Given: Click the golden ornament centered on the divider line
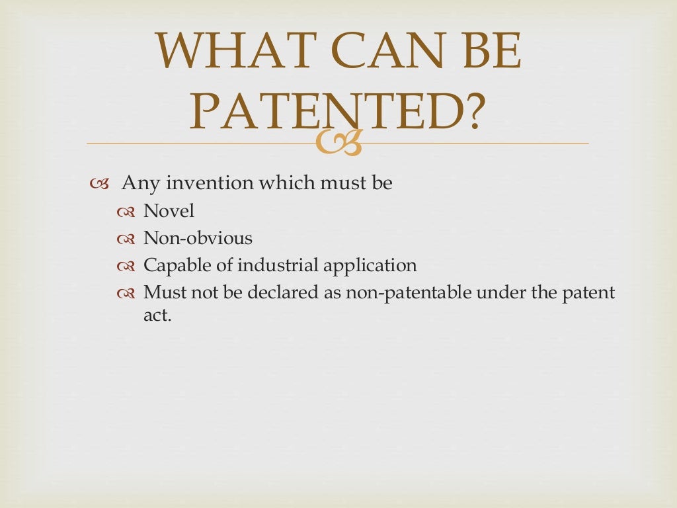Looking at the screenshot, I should click(338, 144).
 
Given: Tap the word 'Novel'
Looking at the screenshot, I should click(169, 211).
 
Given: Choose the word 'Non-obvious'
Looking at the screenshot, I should click(198, 238).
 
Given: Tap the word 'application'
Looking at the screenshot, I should click(371, 266).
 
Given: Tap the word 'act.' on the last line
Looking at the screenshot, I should click(157, 316).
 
